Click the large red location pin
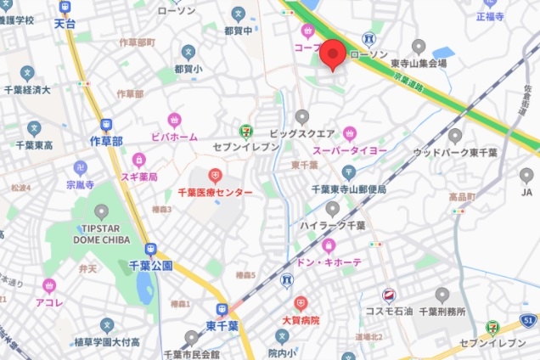point(331,53)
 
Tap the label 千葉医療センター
point(215,194)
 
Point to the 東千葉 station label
point(222,326)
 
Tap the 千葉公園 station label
point(151,266)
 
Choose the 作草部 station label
point(106,141)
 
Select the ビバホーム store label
point(174,136)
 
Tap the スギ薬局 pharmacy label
point(138,177)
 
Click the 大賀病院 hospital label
point(300,320)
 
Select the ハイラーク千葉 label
point(332,225)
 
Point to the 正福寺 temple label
point(490,15)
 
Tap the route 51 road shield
point(529,320)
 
